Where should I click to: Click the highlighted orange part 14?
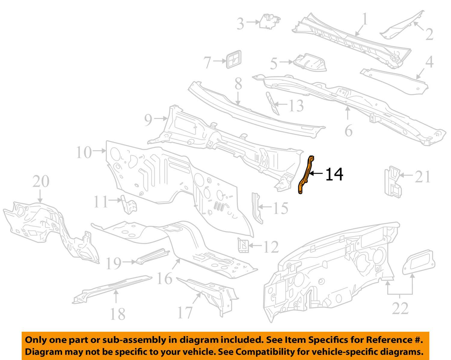click(306, 175)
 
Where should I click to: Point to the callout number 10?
click(83, 152)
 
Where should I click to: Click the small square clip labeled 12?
click(243, 245)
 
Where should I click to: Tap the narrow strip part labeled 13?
click(273, 104)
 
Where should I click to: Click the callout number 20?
click(41, 182)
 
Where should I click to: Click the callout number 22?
click(400, 308)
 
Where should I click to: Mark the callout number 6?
click(348, 131)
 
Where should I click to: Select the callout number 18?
click(117, 314)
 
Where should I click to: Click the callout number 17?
click(184, 312)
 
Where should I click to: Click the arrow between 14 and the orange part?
click(316, 173)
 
